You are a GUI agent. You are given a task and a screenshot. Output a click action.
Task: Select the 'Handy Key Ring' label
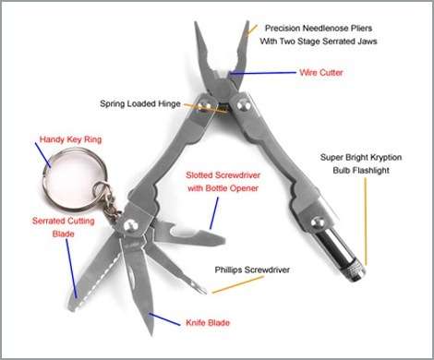(69, 140)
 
